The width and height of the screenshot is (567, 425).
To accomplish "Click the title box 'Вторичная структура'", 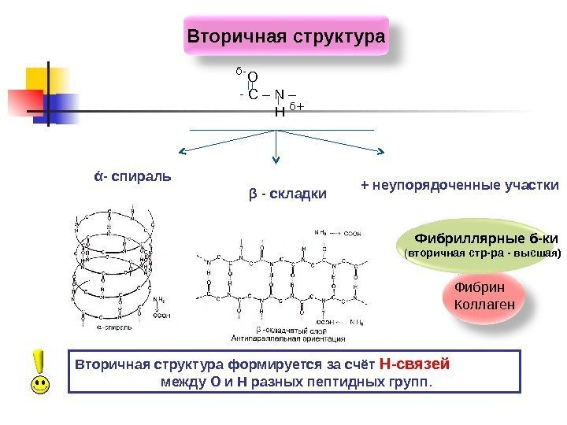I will pos(287,36).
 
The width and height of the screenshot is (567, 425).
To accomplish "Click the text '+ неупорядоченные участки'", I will pos(459,186).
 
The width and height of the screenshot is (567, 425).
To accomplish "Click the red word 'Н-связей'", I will pos(414,364).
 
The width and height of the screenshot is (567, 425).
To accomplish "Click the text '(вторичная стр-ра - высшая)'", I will pos(482,254).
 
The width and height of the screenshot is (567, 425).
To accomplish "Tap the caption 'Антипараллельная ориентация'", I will pos(287,339).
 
